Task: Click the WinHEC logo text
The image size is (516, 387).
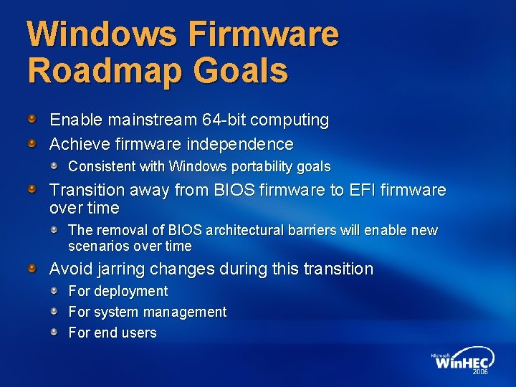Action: (464, 362)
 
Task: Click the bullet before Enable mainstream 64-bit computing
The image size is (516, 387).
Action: (32, 116)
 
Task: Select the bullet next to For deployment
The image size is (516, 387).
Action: (54, 290)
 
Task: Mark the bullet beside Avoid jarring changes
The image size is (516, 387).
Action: (32, 268)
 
